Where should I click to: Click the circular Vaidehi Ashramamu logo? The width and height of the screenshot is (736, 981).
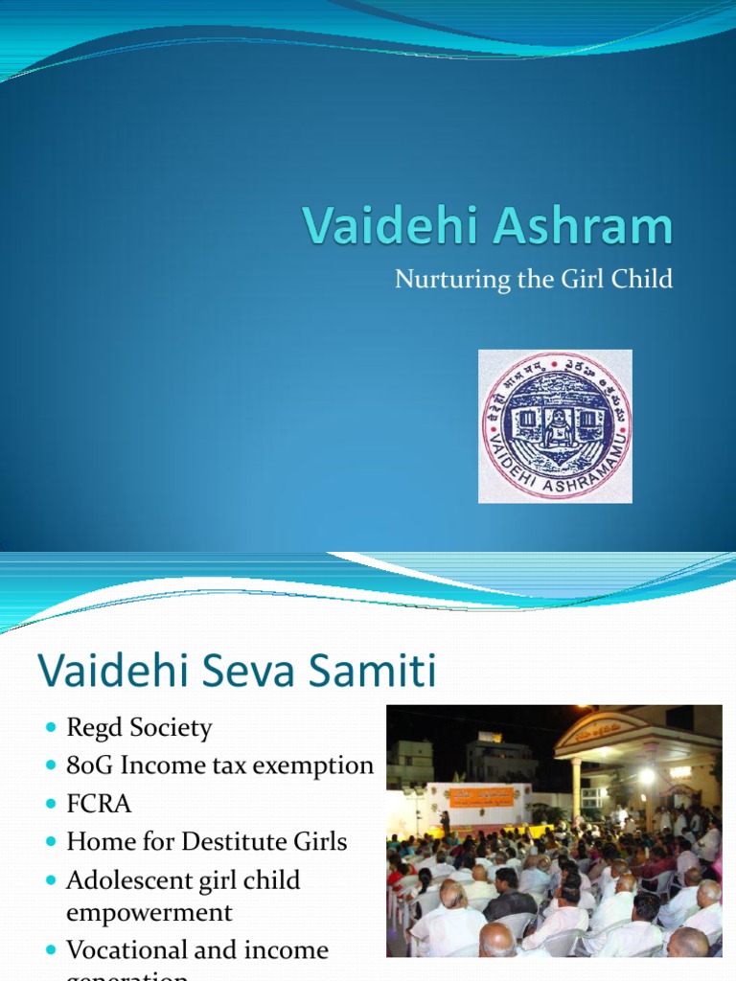pyautogui.click(x=556, y=426)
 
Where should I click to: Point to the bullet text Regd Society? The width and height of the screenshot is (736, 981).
pyautogui.click(x=139, y=728)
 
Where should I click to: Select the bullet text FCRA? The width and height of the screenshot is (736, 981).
pyautogui.click(x=99, y=804)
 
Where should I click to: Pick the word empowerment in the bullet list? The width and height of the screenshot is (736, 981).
pyautogui.click(x=149, y=911)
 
